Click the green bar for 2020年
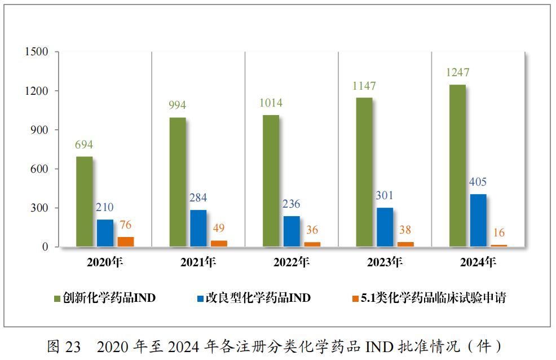pos(84,201)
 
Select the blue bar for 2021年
pos(198,228)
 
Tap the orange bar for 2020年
pos(126,242)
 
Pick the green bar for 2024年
pos(457,165)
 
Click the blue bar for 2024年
pos(478,220)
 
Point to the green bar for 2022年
pos(271,181)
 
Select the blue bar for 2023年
pos(385,227)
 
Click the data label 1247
pos(457,73)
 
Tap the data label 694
pos(84,144)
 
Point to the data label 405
pos(478,182)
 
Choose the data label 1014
pos(271,103)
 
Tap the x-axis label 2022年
pos(291,262)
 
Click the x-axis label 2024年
pos(478,262)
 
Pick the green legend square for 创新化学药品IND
pos(57,298)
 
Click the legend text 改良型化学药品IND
pos(258,298)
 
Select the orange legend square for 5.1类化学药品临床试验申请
pos(355,298)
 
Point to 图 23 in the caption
pos(64,346)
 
